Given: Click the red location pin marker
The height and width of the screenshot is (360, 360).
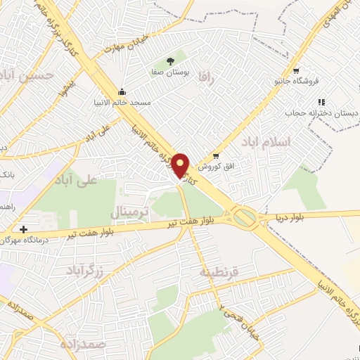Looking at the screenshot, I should tap(181, 165).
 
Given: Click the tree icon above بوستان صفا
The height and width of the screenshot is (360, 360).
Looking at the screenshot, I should tap(169, 61).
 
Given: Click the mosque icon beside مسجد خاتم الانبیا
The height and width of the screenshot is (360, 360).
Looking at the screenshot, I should tap(123, 91).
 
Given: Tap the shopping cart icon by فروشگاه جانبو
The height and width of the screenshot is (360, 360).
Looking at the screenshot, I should tap(296, 70).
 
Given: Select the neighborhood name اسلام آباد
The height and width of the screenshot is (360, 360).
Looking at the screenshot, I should tap(304, 142).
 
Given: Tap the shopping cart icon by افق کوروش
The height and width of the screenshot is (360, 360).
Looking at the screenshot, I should tap(216, 156).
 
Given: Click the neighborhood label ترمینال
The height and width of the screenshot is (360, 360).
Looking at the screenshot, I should tap(131, 210).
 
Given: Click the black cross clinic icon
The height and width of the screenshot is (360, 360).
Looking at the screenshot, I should tap(24, 229).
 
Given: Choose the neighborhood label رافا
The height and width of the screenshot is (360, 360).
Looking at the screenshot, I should tap(205, 75).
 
